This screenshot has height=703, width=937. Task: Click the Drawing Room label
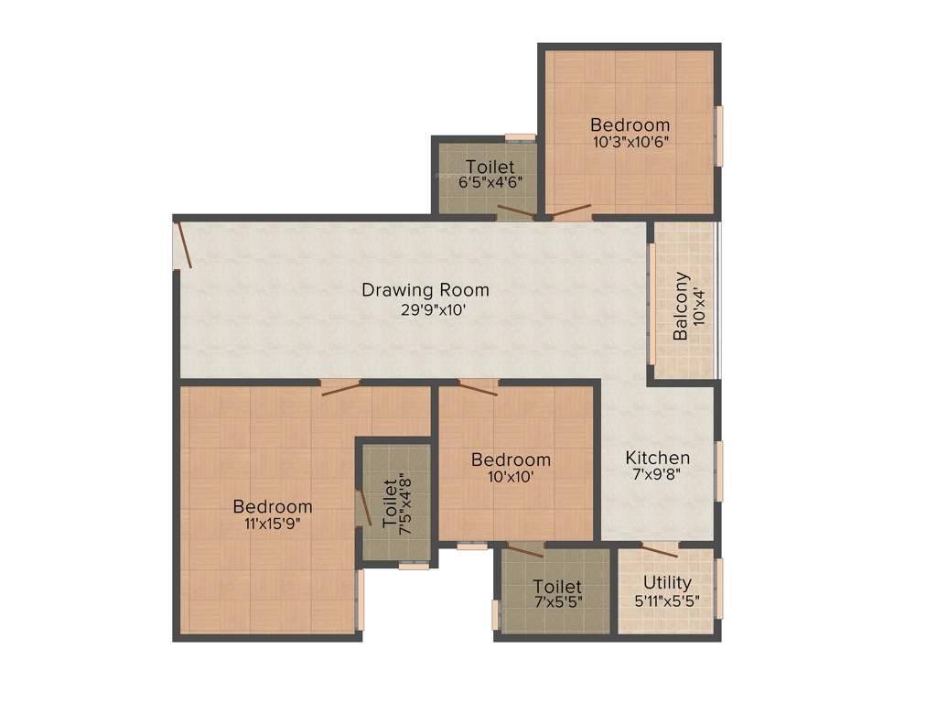point(425,290)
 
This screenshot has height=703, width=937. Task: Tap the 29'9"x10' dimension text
point(425,309)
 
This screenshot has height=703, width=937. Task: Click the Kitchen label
point(657,458)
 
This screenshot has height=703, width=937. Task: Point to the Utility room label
point(667,582)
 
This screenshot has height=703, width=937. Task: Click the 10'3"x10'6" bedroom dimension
point(630,142)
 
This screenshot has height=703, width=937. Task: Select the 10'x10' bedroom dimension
point(511,476)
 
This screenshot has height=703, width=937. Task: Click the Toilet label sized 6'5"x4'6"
point(490,167)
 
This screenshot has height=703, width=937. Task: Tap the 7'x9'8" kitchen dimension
point(657,475)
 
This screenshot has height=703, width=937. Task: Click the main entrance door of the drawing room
point(184,244)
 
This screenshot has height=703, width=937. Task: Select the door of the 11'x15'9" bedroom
point(339,388)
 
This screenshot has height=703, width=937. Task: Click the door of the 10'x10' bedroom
point(478,388)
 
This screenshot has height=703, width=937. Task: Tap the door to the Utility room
point(659,549)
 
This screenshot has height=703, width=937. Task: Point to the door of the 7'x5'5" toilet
point(525,550)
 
